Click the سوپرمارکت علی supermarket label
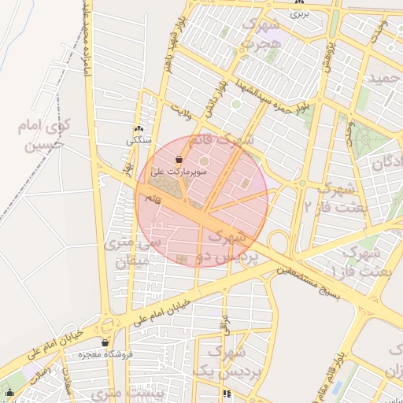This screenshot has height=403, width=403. click(x=179, y=171)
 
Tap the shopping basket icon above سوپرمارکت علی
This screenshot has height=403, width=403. click(x=180, y=158)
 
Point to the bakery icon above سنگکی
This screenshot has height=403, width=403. click(x=139, y=129)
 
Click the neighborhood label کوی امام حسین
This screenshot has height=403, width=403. click(x=46, y=134)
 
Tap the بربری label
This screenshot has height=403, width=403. click(x=300, y=13)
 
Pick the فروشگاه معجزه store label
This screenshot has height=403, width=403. click(x=106, y=354)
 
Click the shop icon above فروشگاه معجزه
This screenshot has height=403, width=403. click(x=105, y=342)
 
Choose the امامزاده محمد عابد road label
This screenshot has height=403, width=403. click(x=82, y=47)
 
